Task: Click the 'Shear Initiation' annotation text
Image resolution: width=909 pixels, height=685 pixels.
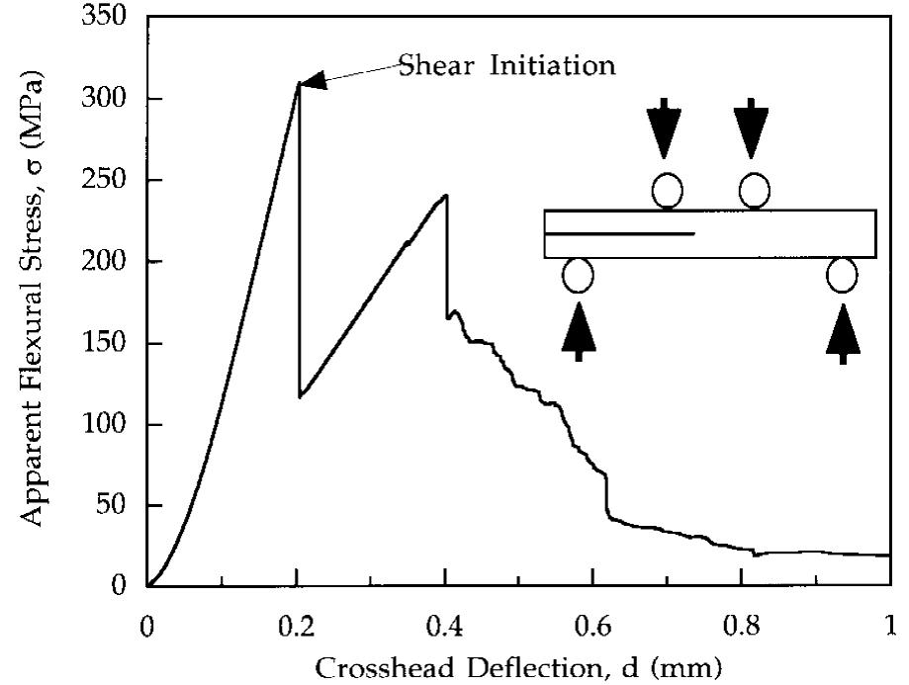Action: tap(507, 66)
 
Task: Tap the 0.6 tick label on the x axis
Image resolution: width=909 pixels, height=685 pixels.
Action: tap(592, 627)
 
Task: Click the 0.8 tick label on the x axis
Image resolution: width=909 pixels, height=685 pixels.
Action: tap(741, 627)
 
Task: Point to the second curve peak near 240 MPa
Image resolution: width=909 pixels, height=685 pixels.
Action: tap(446, 196)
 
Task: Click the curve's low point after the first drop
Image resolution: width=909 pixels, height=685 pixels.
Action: tap(300, 396)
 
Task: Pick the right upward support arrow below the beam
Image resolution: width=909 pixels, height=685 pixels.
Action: tap(842, 332)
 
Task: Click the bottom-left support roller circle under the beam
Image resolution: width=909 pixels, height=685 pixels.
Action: tap(578, 275)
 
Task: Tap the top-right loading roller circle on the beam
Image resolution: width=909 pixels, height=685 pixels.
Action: tap(754, 190)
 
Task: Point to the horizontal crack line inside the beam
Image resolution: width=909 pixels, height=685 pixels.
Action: tap(619, 234)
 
